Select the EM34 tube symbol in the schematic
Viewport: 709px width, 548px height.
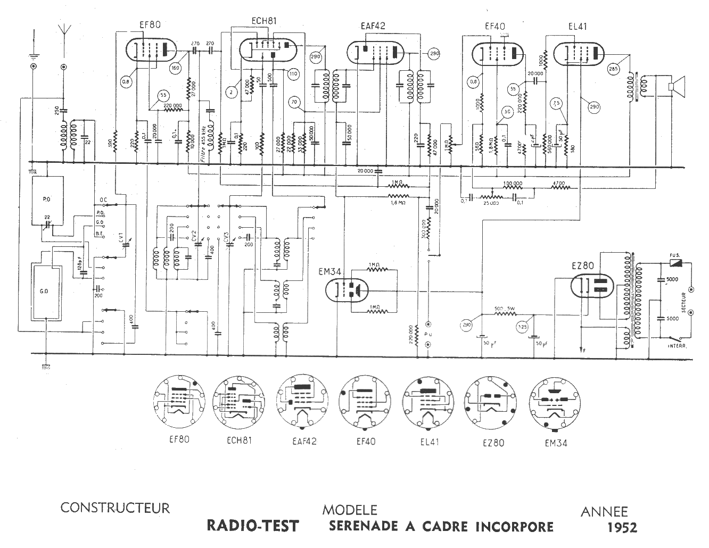(x=346, y=290)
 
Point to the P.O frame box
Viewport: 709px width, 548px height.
(x=46, y=198)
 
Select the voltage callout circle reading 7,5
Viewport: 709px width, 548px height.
(x=557, y=103)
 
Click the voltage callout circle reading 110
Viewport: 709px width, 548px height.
(x=292, y=73)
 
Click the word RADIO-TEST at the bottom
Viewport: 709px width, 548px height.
(x=253, y=526)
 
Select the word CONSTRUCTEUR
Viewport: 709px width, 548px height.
(x=115, y=508)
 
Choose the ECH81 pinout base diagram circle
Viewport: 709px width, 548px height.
(x=239, y=401)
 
